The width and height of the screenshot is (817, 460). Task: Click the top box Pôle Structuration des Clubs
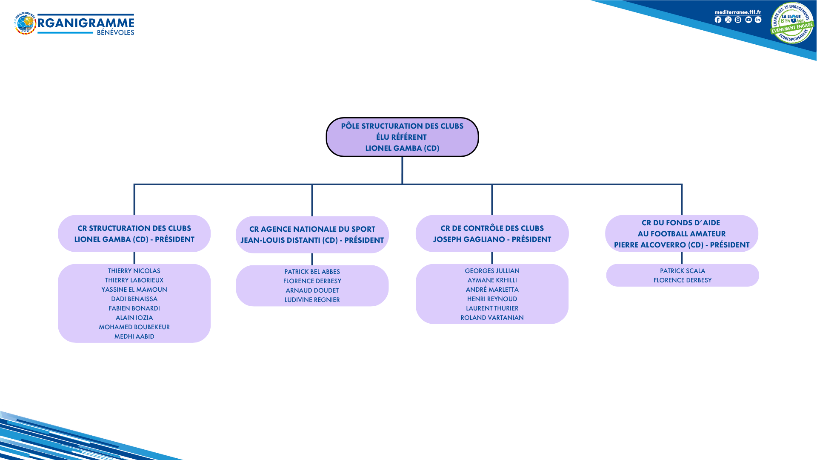(x=402, y=137)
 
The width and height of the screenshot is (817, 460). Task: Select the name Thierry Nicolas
(x=134, y=271)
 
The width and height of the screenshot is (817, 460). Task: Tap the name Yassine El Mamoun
(x=134, y=290)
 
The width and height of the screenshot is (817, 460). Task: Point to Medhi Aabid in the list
(x=134, y=336)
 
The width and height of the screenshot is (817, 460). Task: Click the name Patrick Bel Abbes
(x=312, y=272)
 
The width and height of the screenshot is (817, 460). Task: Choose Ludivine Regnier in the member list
(x=312, y=300)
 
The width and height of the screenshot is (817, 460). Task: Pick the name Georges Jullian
(x=492, y=271)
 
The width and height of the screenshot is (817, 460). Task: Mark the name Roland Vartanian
(x=492, y=318)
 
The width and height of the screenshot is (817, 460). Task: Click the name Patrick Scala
(x=682, y=271)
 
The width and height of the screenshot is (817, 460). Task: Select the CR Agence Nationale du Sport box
(x=312, y=235)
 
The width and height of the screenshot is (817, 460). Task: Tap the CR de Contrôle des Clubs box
(x=492, y=234)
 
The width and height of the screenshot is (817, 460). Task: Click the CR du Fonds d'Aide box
(x=681, y=234)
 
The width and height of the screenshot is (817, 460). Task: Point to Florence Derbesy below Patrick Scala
(x=682, y=280)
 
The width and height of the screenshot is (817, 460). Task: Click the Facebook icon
(x=718, y=20)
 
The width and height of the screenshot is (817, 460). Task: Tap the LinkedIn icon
(x=758, y=20)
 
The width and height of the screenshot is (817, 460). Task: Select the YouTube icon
(x=748, y=20)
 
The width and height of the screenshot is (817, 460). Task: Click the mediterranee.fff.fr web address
(x=738, y=12)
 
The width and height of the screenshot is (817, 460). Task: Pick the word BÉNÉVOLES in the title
(x=115, y=33)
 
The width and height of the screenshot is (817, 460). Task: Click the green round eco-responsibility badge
(x=792, y=23)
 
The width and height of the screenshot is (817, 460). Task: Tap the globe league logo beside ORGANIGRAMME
(x=26, y=23)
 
